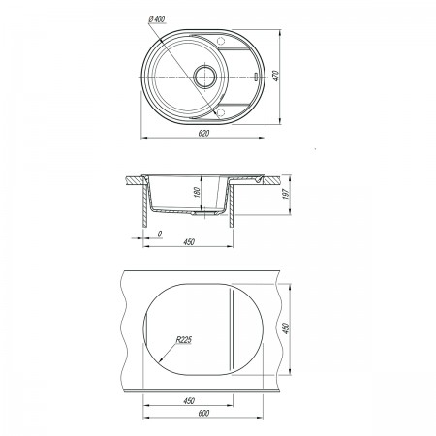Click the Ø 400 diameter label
click(157, 19)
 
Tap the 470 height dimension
click(275, 76)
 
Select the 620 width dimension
click(203, 133)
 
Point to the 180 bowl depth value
click(198, 192)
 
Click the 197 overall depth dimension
click(287, 194)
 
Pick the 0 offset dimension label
click(159, 234)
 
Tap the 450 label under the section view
click(189, 241)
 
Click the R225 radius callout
click(184, 340)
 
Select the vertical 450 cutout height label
click(286, 328)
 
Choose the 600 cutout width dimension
click(203, 413)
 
